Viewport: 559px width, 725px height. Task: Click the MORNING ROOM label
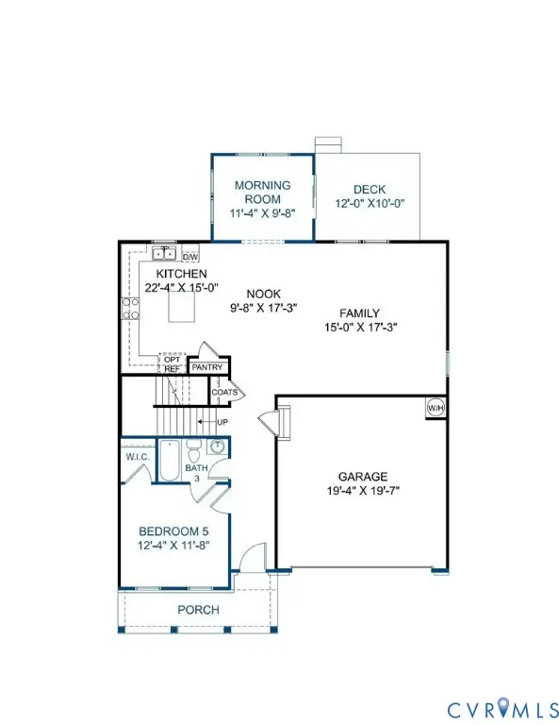[262, 185]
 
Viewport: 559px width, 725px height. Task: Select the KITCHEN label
[170, 272]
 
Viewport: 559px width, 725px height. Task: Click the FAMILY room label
[359, 313]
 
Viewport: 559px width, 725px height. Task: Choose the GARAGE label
[364, 477]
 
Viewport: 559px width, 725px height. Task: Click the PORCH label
[198, 610]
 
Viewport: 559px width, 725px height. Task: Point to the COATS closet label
[224, 392]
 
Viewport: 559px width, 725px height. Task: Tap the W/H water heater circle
[435, 407]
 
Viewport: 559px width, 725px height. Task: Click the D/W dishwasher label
[189, 257]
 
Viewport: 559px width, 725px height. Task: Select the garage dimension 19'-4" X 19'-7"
[364, 491]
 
